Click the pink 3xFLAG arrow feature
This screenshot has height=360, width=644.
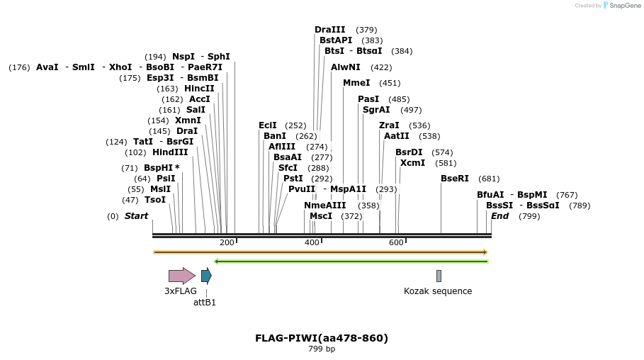[181, 276]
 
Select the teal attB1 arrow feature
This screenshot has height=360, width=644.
[206, 276]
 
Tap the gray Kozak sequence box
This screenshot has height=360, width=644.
[439, 276]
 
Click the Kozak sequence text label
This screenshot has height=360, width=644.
[438, 291]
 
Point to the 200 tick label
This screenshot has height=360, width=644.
[227, 242]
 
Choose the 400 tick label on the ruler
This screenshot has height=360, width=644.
[312, 242]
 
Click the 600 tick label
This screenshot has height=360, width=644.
[396, 242]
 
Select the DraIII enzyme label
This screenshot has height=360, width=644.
[330, 30]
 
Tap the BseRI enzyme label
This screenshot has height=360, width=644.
[455, 179]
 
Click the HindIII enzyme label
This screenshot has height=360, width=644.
[170, 152]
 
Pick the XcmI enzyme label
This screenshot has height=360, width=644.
[413, 163]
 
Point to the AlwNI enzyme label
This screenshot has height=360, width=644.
[346, 67]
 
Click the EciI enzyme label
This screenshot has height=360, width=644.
[268, 125]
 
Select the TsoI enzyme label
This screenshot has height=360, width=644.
[155, 200]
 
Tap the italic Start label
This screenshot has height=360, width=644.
[137, 216]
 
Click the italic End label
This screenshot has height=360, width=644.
[500, 216]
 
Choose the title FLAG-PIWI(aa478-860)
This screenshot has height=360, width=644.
[322, 338]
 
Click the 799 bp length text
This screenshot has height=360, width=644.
[322, 349]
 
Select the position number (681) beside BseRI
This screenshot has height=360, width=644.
[489, 179]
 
